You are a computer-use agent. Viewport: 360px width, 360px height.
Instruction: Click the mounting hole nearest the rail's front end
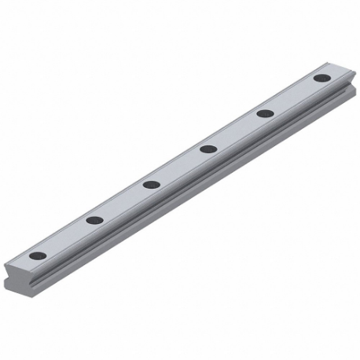(x=37, y=255)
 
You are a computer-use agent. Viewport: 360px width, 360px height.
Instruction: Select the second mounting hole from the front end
(x=94, y=220)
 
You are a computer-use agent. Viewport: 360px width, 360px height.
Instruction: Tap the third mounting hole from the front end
(x=152, y=185)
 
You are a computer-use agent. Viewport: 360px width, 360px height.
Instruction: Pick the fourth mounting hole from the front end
(x=208, y=149)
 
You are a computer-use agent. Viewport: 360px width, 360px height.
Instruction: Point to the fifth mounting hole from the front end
(x=265, y=113)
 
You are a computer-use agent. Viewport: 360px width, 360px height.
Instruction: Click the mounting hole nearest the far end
(x=321, y=78)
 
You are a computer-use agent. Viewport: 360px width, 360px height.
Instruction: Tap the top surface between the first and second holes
(x=66, y=237)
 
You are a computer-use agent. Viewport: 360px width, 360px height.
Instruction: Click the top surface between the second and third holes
(x=123, y=202)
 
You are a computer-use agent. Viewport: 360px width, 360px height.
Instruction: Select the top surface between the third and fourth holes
(x=180, y=167)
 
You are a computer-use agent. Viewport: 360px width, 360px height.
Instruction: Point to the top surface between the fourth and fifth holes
(x=237, y=131)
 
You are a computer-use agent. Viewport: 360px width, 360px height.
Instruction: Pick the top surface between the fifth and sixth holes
(x=293, y=96)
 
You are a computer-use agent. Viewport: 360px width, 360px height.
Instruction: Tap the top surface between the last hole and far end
(x=333, y=72)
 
